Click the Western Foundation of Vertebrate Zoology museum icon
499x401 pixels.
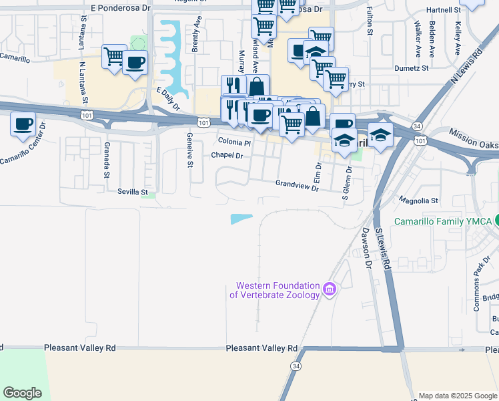329,289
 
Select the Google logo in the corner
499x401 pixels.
23,392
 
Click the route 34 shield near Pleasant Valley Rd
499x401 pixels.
295,367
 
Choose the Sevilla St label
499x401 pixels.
132,192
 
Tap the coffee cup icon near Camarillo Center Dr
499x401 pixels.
24,124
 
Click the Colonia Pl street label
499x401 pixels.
234,142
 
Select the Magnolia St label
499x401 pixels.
418,200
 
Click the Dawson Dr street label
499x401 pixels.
366,247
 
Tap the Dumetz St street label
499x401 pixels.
411,68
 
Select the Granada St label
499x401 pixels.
106,160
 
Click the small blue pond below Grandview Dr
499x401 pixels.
241,219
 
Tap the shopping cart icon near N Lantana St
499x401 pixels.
113,56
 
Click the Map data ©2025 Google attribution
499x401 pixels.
458,396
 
